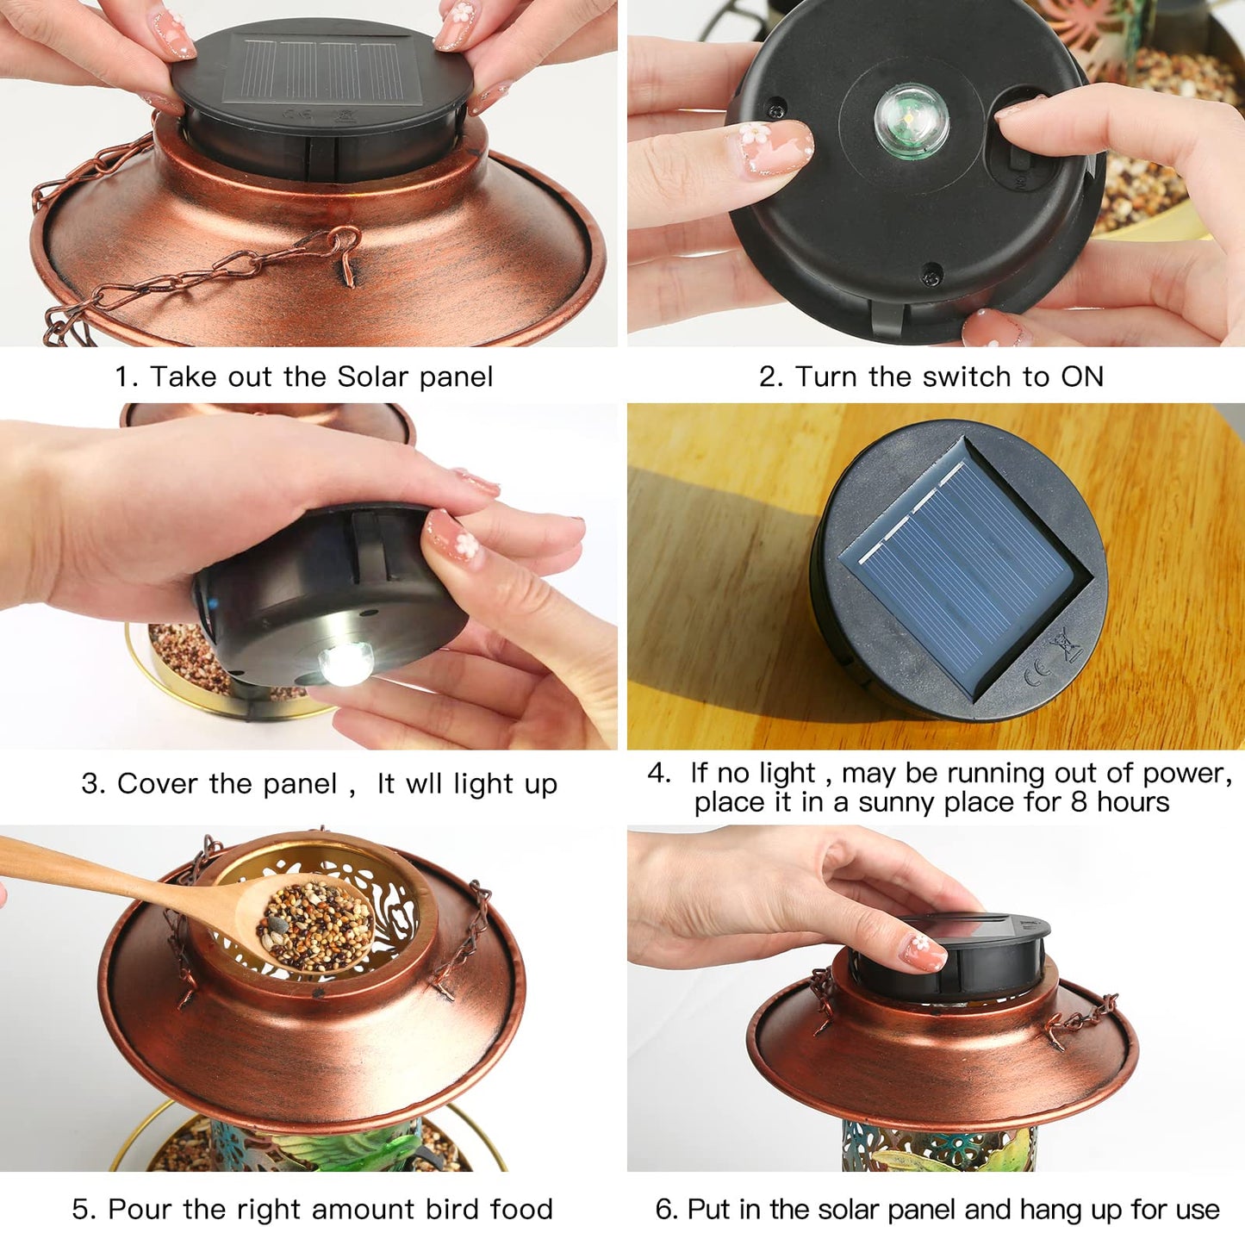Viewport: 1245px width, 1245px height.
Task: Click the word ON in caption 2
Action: (1082, 377)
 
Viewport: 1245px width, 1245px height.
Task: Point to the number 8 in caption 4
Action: (1079, 802)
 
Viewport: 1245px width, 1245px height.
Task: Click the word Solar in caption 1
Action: (372, 377)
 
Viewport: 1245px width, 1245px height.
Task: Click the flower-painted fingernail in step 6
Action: (923, 951)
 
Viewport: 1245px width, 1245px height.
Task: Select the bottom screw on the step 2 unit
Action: (931, 277)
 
